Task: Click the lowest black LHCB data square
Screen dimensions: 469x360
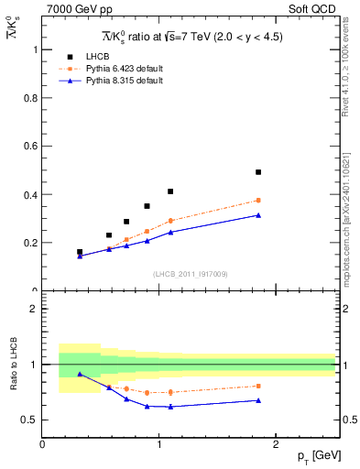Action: click(x=80, y=252)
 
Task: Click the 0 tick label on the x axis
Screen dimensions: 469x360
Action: click(x=42, y=444)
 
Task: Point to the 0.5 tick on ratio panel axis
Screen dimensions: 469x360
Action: click(x=31, y=420)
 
